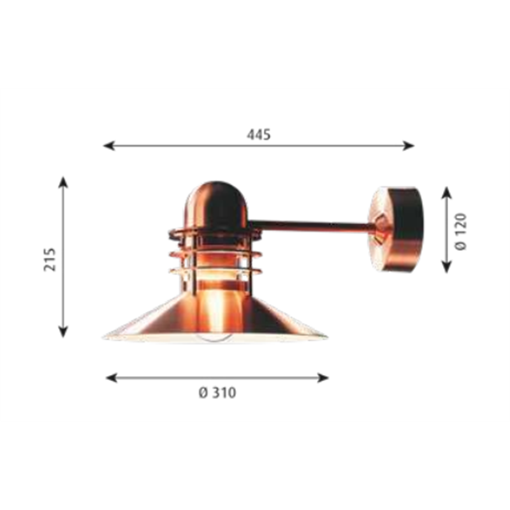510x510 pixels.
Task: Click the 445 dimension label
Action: click(x=259, y=135)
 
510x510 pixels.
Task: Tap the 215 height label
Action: click(x=50, y=259)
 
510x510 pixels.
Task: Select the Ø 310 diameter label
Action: click(x=217, y=393)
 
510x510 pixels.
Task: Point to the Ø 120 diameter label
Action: click(x=461, y=231)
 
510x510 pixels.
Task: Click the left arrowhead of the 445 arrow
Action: click(x=108, y=146)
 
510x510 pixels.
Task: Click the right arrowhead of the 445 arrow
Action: click(x=409, y=146)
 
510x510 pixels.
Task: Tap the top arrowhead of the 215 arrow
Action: click(x=63, y=182)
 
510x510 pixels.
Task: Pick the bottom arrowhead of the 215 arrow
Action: click(x=63, y=331)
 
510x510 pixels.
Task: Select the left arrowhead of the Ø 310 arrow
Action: click(x=112, y=377)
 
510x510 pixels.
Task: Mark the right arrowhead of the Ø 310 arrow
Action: click(x=323, y=377)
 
